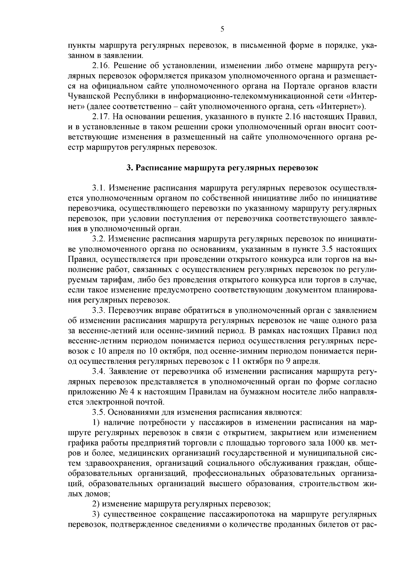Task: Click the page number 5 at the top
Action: click(222, 29)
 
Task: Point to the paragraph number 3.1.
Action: click(98, 187)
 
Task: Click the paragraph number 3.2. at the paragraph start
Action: click(98, 240)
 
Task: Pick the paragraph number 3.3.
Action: click(98, 310)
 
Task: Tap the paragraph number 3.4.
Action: click(98, 372)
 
